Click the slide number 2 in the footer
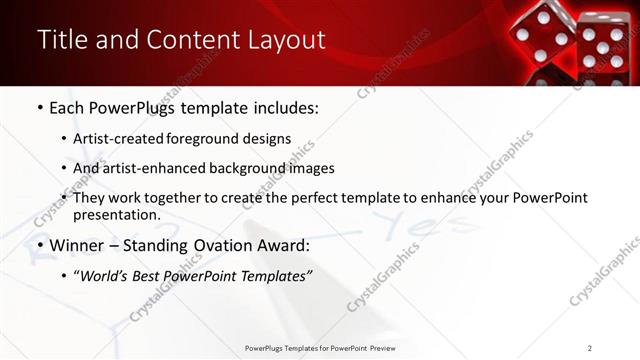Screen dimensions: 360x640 coord(590,348)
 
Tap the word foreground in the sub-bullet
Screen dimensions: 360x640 coord(214,139)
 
